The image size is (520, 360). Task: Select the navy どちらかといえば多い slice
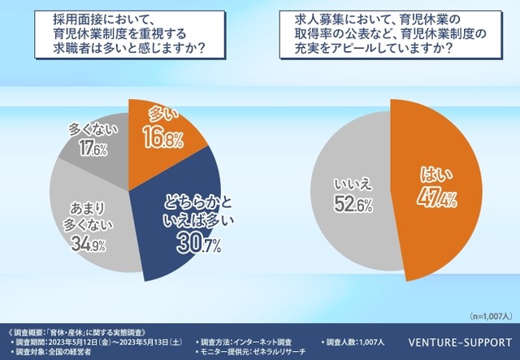(x=183, y=219)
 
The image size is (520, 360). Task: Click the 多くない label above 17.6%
(x=89, y=130)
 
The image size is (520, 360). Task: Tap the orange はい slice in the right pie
(x=439, y=187)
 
